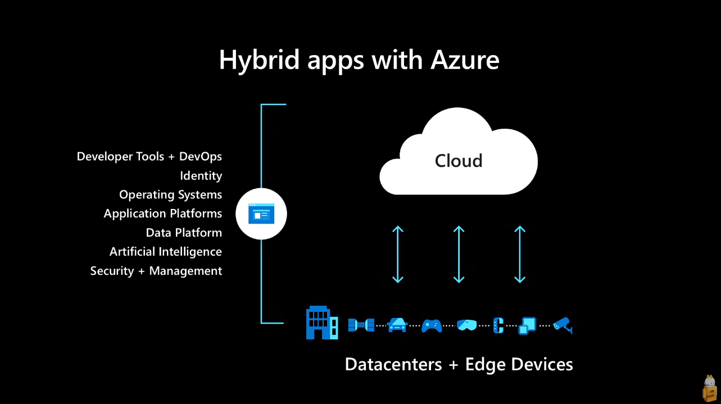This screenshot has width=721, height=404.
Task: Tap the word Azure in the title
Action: [x=465, y=60]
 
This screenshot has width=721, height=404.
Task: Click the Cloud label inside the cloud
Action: [x=459, y=161]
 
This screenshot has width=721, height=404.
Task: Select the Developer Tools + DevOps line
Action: [x=149, y=156]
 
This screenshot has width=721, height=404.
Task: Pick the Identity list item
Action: [x=201, y=175]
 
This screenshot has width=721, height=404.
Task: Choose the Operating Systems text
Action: [x=170, y=194]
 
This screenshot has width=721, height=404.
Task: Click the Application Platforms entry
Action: [x=163, y=214]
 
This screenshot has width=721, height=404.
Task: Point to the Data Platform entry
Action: [x=184, y=233]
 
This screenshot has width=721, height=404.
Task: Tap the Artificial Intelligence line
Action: [x=166, y=252]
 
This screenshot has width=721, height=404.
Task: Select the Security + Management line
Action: [x=156, y=271]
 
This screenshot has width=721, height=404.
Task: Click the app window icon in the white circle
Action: [x=261, y=214]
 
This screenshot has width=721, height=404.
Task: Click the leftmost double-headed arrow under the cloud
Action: [x=398, y=254]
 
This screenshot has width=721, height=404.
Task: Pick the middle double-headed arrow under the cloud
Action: [x=459, y=254]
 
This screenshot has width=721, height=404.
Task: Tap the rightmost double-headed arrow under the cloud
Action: [x=520, y=254]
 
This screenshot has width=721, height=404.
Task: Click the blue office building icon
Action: [x=321, y=323]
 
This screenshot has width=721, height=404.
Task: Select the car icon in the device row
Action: [x=397, y=325]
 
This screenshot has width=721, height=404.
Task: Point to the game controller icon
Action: [x=432, y=325]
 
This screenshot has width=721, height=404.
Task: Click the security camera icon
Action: [x=563, y=325]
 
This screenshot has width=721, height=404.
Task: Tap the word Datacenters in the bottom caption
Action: [x=393, y=364]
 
